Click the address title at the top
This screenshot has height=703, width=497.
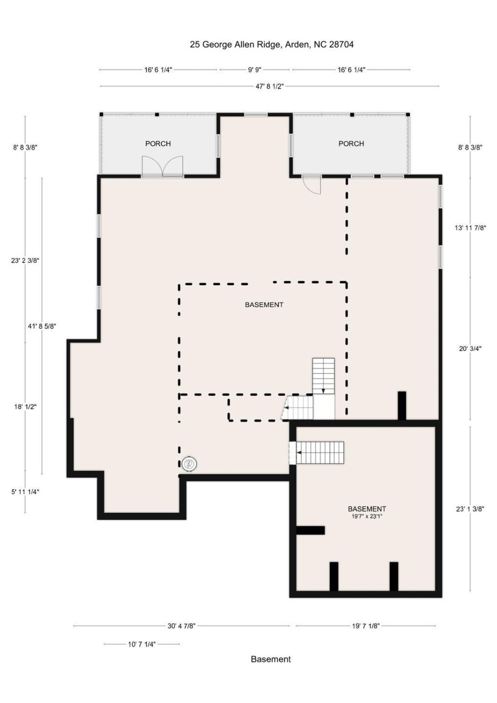pos(271,44)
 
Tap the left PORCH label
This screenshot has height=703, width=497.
pos(158,144)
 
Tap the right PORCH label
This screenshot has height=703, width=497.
pos(351,144)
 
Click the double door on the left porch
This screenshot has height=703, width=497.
pos(162,166)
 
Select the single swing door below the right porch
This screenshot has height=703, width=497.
pos(312,185)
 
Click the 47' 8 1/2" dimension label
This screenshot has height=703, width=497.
pos(269,86)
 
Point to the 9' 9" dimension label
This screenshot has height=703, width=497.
pos(255,70)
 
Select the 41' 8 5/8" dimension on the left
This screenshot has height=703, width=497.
pos(41,326)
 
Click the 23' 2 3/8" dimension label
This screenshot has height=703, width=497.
pos(25,260)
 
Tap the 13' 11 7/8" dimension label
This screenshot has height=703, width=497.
pos(470,227)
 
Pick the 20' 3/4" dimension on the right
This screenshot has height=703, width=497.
pos(470,349)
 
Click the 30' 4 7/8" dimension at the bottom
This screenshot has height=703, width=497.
pos(181,626)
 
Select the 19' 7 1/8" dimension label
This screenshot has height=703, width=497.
pos(366,626)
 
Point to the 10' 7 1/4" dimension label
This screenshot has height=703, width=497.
pos(141,644)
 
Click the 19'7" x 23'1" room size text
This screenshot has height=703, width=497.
pos(367,516)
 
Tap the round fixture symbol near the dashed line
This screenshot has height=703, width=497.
pos(189,464)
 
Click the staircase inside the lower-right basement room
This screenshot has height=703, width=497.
pos(319,453)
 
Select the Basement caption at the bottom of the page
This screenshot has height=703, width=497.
pos(271,659)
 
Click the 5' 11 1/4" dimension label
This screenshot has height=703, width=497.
pos(25,492)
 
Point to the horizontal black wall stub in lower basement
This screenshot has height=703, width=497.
pos(310,530)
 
